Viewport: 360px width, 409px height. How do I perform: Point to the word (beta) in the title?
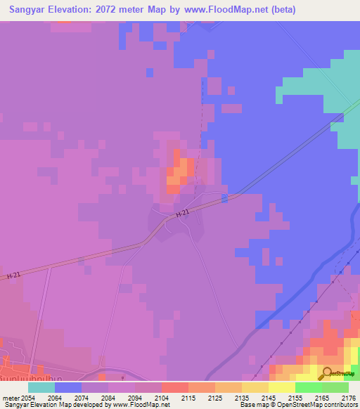[x=281, y=10]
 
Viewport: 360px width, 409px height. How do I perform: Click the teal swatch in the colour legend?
[x=41, y=387]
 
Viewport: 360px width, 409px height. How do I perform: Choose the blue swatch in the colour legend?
[x=68, y=387]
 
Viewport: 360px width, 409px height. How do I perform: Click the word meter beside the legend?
[x=9, y=397]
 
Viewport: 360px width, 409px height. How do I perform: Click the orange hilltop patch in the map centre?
[x=180, y=172]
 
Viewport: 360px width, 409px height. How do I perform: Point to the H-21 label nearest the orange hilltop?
[x=183, y=213]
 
